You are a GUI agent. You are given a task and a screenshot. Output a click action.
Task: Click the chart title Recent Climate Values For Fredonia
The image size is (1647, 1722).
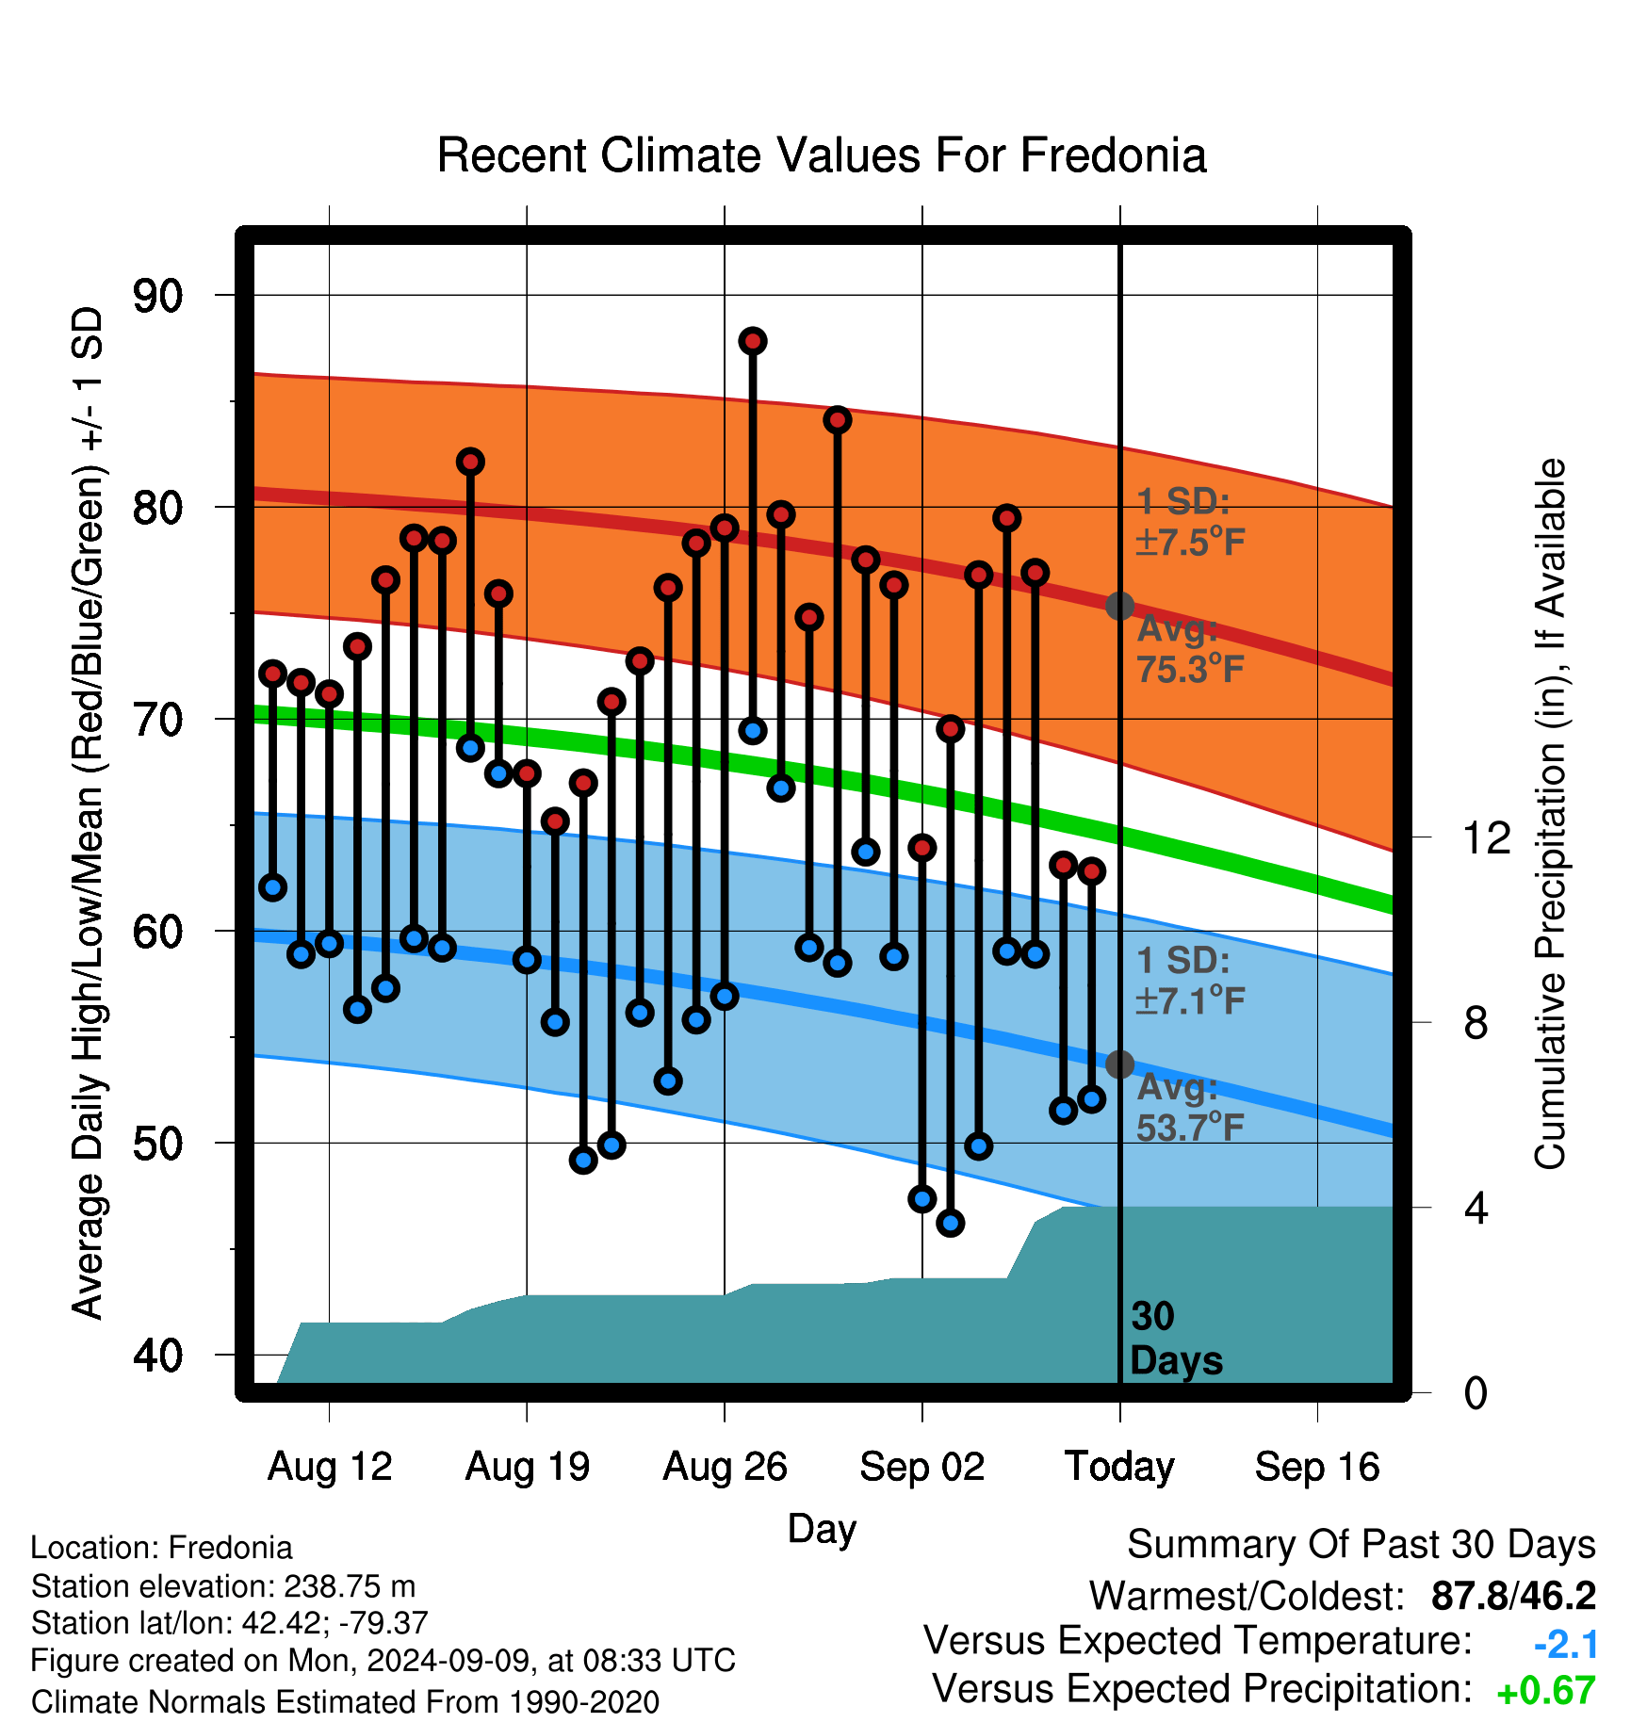(822, 155)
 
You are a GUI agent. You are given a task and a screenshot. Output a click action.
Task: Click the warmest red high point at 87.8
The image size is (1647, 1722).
(753, 341)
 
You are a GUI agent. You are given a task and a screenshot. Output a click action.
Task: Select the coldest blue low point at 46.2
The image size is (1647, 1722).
(951, 1224)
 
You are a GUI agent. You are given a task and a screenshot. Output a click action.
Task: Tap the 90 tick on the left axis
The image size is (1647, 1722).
(157, 296)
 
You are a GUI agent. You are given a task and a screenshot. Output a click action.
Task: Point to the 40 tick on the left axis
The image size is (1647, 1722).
(157, 1356)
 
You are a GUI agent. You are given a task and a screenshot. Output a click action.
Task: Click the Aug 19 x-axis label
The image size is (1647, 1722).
(528, 1467)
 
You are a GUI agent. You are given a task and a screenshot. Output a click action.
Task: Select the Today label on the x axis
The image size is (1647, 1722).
(1119, 1467)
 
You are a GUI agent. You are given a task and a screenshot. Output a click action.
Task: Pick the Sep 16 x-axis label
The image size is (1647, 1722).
(1317, 1467)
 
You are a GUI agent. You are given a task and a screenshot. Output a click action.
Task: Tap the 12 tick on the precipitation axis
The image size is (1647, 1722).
(1486, 837)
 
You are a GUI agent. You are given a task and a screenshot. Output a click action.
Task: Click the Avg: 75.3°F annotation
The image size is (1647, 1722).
(1190, 649)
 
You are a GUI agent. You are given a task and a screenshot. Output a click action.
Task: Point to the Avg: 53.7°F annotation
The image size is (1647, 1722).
(1190, 1107)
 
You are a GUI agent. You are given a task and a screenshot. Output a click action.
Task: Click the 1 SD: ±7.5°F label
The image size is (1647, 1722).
(1190, 522)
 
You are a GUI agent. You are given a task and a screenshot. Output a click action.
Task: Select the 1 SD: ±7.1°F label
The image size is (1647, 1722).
(1190, 981)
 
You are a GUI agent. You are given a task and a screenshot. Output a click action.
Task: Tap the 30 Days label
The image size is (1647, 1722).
(1176, 1339)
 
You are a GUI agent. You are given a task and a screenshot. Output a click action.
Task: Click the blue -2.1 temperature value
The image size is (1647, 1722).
(1566, 1645)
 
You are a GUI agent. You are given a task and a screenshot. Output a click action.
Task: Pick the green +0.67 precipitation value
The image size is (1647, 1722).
(1546, 1691)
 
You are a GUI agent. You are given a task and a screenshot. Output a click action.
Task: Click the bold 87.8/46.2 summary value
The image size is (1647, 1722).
(1513, 1597)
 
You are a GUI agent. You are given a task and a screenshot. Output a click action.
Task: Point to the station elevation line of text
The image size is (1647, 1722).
(223, 1586)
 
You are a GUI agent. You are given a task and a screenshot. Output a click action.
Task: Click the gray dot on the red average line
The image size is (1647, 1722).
(1119, 606)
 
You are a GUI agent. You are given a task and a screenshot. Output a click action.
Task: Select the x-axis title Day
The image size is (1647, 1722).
(822, 1529)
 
